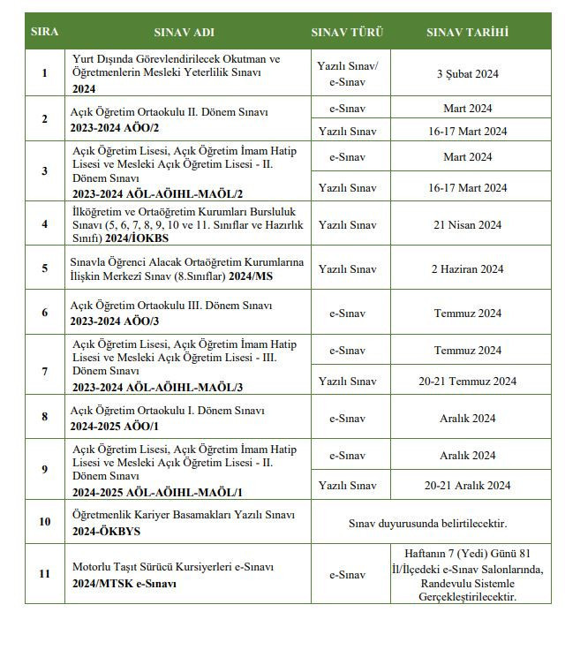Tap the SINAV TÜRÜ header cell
(347, 32)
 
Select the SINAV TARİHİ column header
(467, 32)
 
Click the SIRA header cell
(45, 32)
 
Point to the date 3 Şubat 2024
(467, 73)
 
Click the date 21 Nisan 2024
(467, 225)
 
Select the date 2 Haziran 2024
(467, 269)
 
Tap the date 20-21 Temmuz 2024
(467, 381)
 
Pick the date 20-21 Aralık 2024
(467, 485)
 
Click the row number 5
(45, 269)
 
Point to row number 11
(45, 574)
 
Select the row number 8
(45, 418)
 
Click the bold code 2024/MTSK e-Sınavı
(124, 584)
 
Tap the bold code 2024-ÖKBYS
(107, 532)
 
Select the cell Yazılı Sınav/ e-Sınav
(347, 73)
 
